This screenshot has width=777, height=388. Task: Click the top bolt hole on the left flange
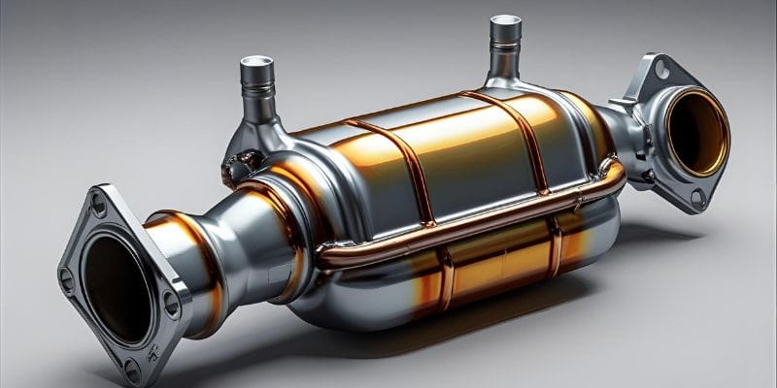click(98, 204)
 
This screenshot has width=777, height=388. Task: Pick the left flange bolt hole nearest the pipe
click(171, 302)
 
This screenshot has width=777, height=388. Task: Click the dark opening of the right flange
click(696, 131)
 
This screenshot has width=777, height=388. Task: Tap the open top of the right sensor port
click(505, 23)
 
